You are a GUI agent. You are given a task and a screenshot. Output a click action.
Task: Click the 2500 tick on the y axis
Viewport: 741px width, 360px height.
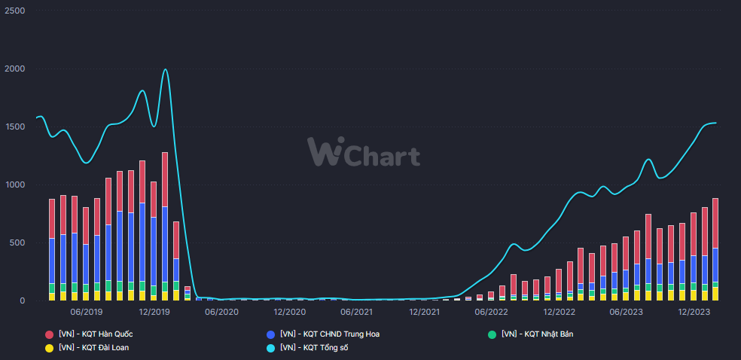click(15, 11)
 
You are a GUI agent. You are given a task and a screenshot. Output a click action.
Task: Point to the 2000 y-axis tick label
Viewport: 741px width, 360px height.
click(15, 69)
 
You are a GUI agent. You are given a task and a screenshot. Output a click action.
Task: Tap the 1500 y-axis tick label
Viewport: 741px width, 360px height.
click(15, 127)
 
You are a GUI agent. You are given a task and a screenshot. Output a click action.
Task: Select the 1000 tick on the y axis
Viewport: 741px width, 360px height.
click(15, 185)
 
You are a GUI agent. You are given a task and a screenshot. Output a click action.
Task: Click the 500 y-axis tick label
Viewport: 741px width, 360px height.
click(17, 243)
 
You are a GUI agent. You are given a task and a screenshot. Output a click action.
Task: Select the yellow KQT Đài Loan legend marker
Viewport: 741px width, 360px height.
click(50, 348)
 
